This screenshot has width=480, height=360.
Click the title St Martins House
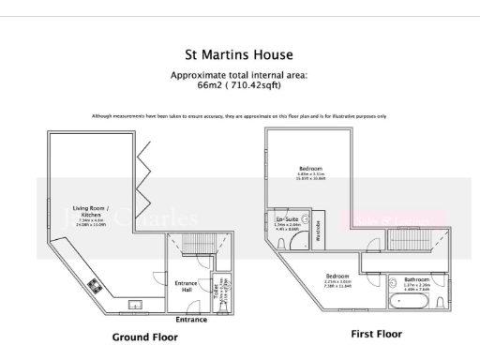239,56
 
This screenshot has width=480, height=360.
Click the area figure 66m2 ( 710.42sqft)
239,84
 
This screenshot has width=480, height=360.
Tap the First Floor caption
376,333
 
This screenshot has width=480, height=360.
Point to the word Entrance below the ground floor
192,320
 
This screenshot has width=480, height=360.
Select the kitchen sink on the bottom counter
135,306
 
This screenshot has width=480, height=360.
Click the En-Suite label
288,222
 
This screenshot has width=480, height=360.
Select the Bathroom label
416,279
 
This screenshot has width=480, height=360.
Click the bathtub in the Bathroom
412,303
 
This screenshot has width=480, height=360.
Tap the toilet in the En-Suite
283,243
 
